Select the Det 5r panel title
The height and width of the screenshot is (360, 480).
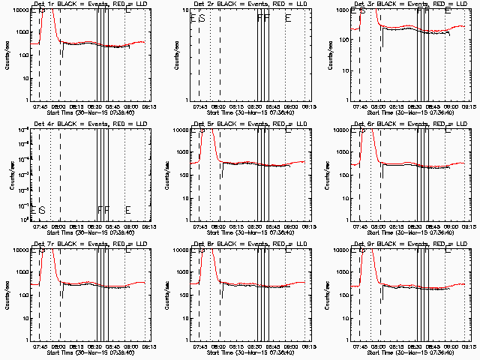click(x=243, y=124)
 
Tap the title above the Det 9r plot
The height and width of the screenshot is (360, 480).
click(x=403, y=244)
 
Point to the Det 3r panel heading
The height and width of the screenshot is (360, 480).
click(x=403, y=4)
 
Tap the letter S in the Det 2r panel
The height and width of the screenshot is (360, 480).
click(x=202, y=18)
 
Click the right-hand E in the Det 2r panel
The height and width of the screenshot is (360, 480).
click(x=288, y=18)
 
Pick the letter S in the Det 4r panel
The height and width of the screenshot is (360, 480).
click(x=42, y=210)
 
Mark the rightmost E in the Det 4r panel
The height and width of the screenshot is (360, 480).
click(x=128, y=210)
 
